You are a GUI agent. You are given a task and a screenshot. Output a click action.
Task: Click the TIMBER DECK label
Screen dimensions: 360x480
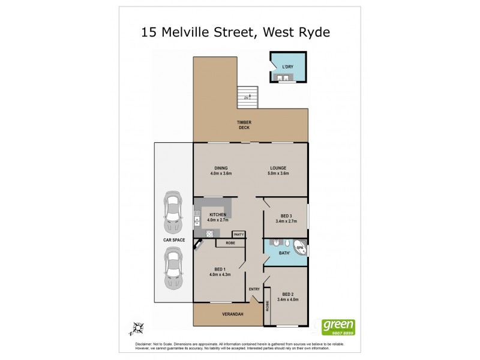244,125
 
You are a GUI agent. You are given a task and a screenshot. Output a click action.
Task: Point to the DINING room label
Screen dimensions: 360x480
221,170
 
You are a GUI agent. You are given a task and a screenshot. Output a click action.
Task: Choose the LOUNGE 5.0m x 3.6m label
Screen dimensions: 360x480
278,170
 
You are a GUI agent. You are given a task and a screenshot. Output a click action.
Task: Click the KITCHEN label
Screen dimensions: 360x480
217,217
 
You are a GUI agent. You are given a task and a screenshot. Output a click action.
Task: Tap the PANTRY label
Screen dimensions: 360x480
238,234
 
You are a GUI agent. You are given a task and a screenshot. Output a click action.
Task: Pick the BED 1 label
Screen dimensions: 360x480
220,271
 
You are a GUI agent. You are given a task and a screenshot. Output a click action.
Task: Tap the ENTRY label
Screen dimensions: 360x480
254,289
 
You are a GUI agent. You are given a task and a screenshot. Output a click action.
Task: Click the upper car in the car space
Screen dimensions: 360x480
173,212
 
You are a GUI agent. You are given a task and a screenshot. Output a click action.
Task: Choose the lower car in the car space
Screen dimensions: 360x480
173,267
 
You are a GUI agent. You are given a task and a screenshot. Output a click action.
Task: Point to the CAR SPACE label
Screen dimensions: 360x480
173,240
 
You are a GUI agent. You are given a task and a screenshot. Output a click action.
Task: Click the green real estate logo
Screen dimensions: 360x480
339,326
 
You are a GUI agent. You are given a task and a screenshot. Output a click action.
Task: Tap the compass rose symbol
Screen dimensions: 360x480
138,328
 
